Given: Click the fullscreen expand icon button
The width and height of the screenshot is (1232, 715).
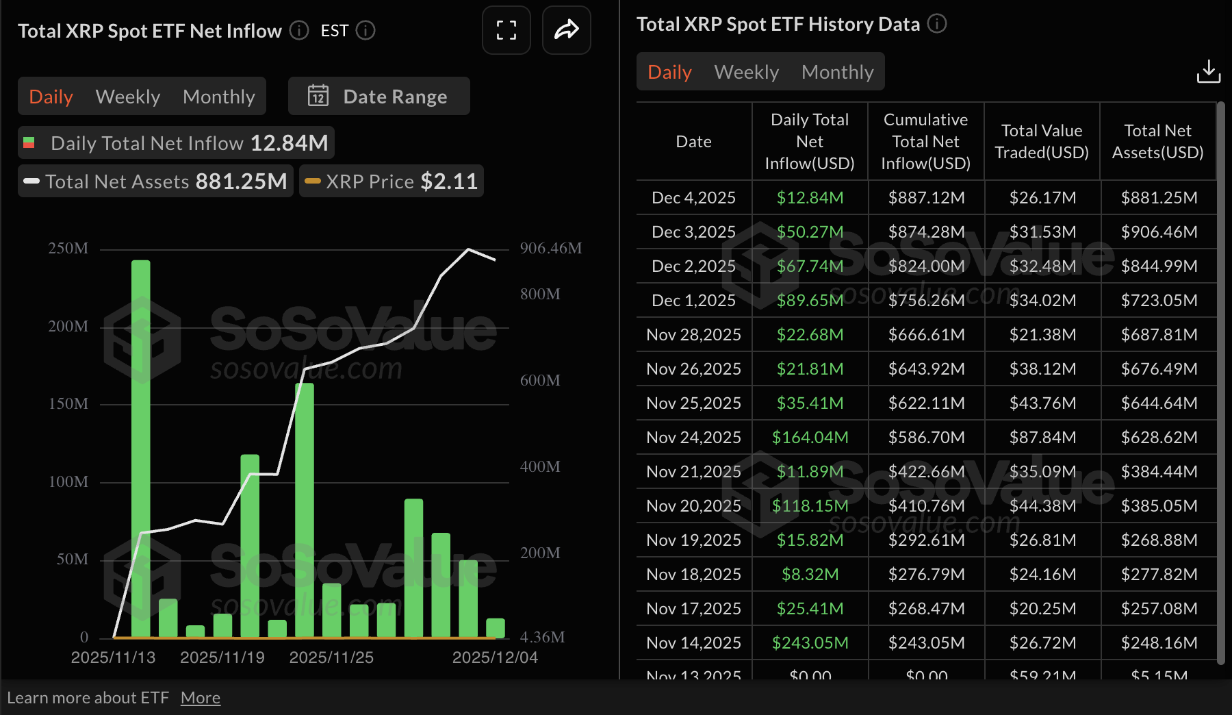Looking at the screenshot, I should click(506, 30).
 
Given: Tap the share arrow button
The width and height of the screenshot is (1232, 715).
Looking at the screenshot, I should click(566, 30).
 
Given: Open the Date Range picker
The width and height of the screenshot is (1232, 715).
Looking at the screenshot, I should click(378, 97).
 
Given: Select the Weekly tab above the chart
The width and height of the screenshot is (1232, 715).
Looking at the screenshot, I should click(128, 97).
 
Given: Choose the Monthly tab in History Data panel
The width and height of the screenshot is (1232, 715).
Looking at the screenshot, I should click(837, 72).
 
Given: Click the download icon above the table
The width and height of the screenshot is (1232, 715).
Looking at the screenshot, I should click(1208, 71).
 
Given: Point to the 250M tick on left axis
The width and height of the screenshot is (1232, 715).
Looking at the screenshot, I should click(68, 249).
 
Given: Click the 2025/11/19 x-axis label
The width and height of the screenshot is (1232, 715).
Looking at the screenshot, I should click(222, 657).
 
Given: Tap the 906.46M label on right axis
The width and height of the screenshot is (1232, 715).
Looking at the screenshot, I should click(550, 249).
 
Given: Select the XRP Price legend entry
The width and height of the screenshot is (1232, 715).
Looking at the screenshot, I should click(392, 181).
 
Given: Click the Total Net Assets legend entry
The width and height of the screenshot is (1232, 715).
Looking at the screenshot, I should click(155, 181).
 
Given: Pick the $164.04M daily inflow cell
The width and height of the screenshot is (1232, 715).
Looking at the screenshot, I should click(810, 437).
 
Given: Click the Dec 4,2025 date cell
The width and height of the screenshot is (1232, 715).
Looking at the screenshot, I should click(693, 198).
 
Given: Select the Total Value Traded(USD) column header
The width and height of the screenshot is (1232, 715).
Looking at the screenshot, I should click(1041, 142).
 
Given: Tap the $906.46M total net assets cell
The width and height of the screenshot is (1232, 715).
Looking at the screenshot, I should click(1159, 232).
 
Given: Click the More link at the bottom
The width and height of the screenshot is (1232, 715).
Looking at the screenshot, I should click(201, 698).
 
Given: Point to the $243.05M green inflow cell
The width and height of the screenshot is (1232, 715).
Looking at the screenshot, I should click(810, 642).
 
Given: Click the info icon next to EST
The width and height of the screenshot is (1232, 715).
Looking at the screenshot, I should click(366, 31).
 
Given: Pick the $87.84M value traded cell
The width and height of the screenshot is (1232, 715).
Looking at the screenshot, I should click(1042, 437).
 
